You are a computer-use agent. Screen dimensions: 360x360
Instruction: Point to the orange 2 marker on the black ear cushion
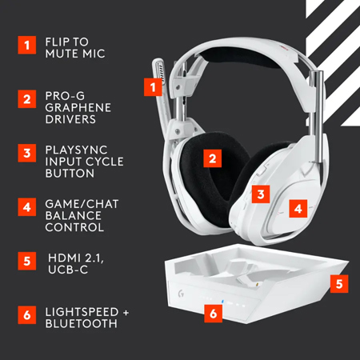pos(212,158)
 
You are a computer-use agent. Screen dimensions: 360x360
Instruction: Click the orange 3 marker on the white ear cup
pos(261,193)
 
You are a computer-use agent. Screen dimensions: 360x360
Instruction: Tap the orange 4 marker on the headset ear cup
pos(298,208)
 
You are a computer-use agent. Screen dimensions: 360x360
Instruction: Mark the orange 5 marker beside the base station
pos(339,282)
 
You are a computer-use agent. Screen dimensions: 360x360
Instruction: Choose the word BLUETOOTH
pos(82,323)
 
